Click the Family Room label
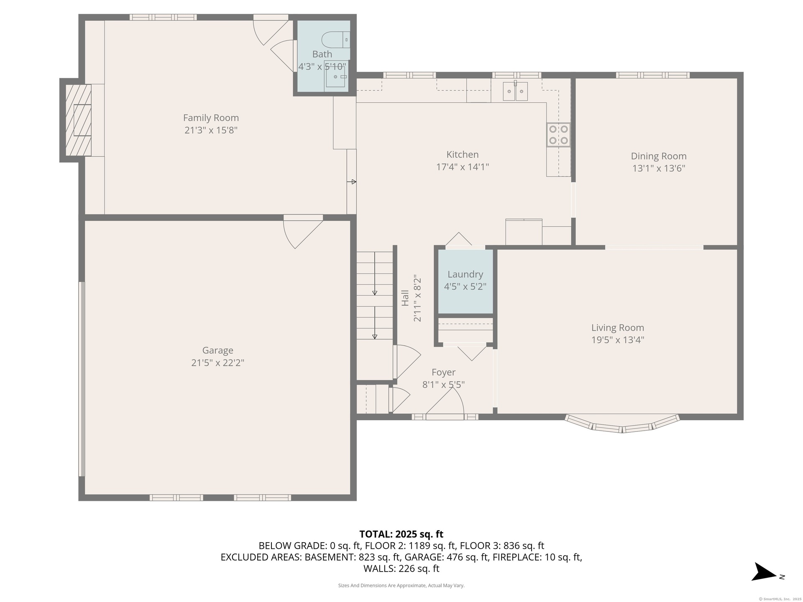point(211,118)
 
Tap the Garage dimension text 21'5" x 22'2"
point(217,362)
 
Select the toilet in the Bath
point(336,40)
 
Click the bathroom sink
point(336,77)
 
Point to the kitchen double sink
point(515,91)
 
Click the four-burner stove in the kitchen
point(558,135)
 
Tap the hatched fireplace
point(78,120)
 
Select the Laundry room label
point(465,274)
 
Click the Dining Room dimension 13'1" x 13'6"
point(659,168)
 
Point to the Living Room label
point(617,328)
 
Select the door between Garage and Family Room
point(303,232)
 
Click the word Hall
point(405,298)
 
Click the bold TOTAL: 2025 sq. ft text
point(401,534)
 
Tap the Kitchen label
point(462,155)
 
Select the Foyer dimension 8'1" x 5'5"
point(443,385)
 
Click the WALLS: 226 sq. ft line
point(401,569)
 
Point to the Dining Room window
point(652,75)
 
